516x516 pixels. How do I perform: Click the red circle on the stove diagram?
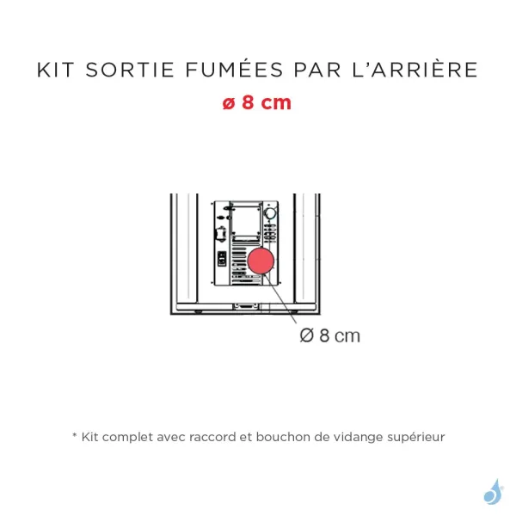(x=260, y=263)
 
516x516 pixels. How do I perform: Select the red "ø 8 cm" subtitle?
(x=257, y=102)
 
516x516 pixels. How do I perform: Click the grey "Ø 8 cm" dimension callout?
(x=330, y=335)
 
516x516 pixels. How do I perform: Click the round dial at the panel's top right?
(x=271, y=212)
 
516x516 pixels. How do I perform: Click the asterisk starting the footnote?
(x=74, y=436)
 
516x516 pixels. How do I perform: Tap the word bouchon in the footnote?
(x=286, y=437)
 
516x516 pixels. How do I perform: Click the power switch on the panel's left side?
(x=221, y=258)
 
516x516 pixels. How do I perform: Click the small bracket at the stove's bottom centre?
(x=245, y=304)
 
